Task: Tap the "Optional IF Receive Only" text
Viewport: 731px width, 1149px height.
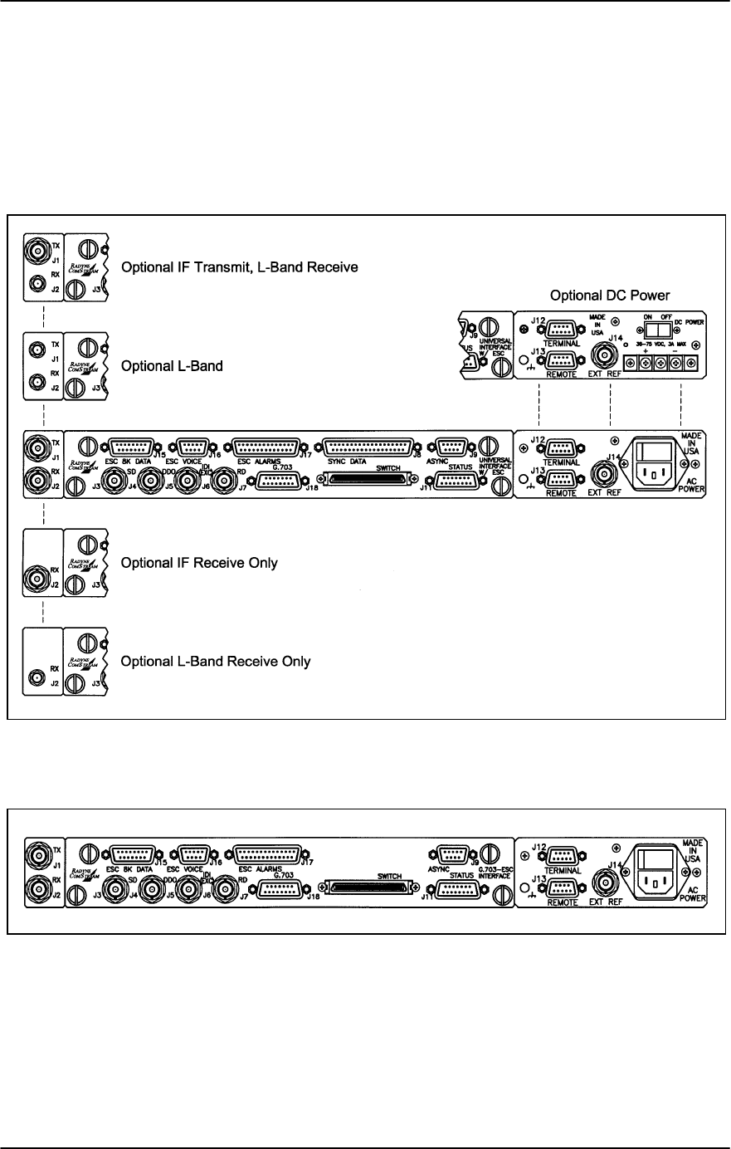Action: click(x=199, y=564)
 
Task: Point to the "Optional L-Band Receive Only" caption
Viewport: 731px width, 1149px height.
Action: click(x=216, y=662)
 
